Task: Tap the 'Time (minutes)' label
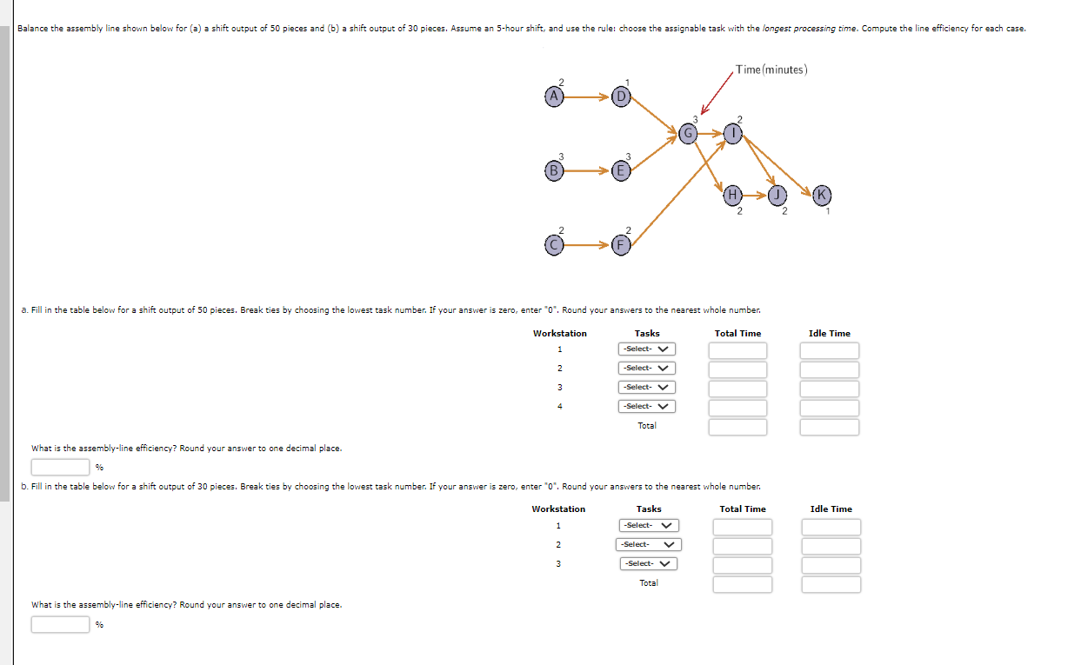pyautogui.click(x=771, y=70)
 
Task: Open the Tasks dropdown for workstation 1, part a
pyautogui.click(x=647, y=349)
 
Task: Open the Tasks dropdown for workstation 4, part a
pyautogui.click(x=647, y=407)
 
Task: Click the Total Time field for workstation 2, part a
pyautogui.click(x=737, y=369)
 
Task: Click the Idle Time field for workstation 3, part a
pyautogui.click(x=829, y=389)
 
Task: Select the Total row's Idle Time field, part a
pyautogui.click(x=829, y=427)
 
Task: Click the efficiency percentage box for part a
pyautogui.click(x=60, y=467)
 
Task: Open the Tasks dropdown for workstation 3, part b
pyautogui.click(x=649, y=563)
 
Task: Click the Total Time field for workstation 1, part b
pyautogui.click(x=743, y=527)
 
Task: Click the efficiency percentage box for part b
pyautogui.click(x=60, y=624)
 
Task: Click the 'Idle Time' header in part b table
pyautogui.click(x=831, y=509)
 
